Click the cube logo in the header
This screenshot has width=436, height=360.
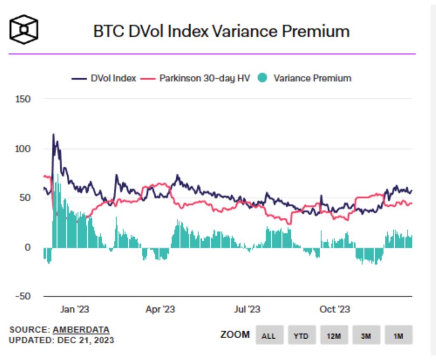[x=24, y=30]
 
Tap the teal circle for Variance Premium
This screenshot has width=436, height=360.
[x=263, y=78]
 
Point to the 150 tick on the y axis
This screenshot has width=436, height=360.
[x=23, y=99]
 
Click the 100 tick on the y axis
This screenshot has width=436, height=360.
[x=23, y=149]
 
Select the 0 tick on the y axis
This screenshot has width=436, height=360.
[x=27, y=247]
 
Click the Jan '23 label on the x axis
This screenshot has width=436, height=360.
[x=75, y=309]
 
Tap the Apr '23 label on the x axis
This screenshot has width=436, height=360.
[x=160, y=309]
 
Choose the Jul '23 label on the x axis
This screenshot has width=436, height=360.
[x=247, y=309]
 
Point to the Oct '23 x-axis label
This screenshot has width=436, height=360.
[x=334, y=309]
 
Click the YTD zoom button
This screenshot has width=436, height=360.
[x=301, y=335]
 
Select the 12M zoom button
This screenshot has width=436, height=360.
[x=333, y=335]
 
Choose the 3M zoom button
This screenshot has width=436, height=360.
[x=366, y=335]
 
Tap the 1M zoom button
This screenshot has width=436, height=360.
[x=398, y=335]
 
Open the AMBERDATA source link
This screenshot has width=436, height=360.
[x=81, y=330]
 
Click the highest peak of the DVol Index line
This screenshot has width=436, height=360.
[x=54, y=134]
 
